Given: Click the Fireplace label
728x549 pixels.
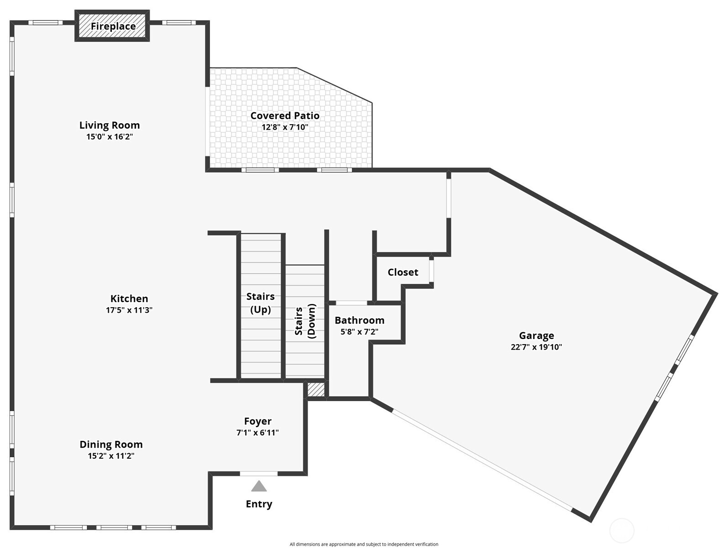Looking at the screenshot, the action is [x=113, y=26].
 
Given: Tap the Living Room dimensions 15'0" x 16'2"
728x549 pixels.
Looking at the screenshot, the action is [x=110, y=136].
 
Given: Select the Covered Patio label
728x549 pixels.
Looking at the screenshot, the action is [x=285, y=116].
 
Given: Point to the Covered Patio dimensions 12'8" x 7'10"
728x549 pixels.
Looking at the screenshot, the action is [x=285, y=127].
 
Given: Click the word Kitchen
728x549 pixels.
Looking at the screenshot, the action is [x=129, y=299].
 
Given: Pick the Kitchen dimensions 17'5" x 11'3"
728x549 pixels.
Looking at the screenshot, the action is [x=129, y=310].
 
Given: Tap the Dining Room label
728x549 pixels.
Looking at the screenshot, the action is [x=111, y=444].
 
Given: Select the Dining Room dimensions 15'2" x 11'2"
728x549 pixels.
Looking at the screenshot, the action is [x=111, y=456].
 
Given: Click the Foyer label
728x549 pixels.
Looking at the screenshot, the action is [x=258, y=421].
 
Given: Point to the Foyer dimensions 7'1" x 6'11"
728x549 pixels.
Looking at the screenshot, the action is [x=258, y=433].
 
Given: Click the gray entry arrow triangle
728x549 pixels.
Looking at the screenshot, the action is [x=259, y=486].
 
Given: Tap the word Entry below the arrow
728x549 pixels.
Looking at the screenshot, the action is [x=259, y=504].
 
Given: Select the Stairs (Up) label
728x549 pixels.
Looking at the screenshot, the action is [x=260, y=303].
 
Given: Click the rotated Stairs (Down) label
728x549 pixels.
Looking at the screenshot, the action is [x=305, y=321].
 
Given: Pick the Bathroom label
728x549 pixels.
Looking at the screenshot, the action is [x=360, y=320].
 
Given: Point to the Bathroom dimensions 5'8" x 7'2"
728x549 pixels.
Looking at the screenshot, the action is [x=360, y=331].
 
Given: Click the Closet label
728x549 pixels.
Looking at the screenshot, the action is [x=403, y=272].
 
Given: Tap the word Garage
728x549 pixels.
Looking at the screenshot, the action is [x=536, y=336].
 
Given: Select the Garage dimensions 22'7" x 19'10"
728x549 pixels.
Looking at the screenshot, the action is [x=536, y=347].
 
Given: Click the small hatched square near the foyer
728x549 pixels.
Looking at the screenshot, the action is [x=316, y=390].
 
